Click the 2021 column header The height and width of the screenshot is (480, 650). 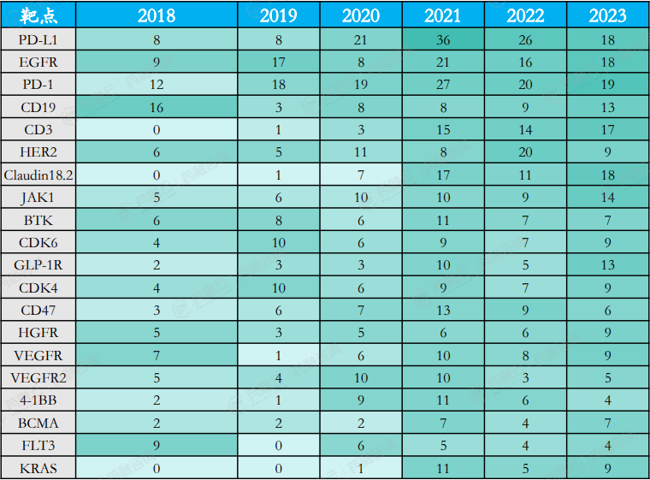[443, 15]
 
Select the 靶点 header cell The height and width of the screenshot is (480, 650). [38, 15]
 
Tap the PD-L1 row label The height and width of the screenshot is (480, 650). [38, 39]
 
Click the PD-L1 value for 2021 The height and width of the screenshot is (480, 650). [443, 39]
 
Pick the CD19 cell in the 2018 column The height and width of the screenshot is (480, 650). [156, 107]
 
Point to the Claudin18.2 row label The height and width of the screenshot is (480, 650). [38, 175]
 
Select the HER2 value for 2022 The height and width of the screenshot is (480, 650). [525, 152]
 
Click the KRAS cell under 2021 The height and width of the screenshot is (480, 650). [443, 468]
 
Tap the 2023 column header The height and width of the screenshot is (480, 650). [607, 15]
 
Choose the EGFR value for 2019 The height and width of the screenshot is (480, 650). [279, 62]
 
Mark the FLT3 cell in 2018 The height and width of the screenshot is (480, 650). [156, 446]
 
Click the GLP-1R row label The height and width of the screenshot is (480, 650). [38, 265]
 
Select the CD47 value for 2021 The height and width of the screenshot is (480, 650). [443, 310]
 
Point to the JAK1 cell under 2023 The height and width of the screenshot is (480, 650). [607, 197]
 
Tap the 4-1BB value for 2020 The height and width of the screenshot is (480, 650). [361, 400]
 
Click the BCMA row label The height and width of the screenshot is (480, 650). [38, 423]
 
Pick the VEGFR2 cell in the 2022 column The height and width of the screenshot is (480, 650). [525, 378]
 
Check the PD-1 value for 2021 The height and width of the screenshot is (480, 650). [443, 85]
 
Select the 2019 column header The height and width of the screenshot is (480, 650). [279, 15]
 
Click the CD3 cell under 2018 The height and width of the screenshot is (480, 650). [156, 130]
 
